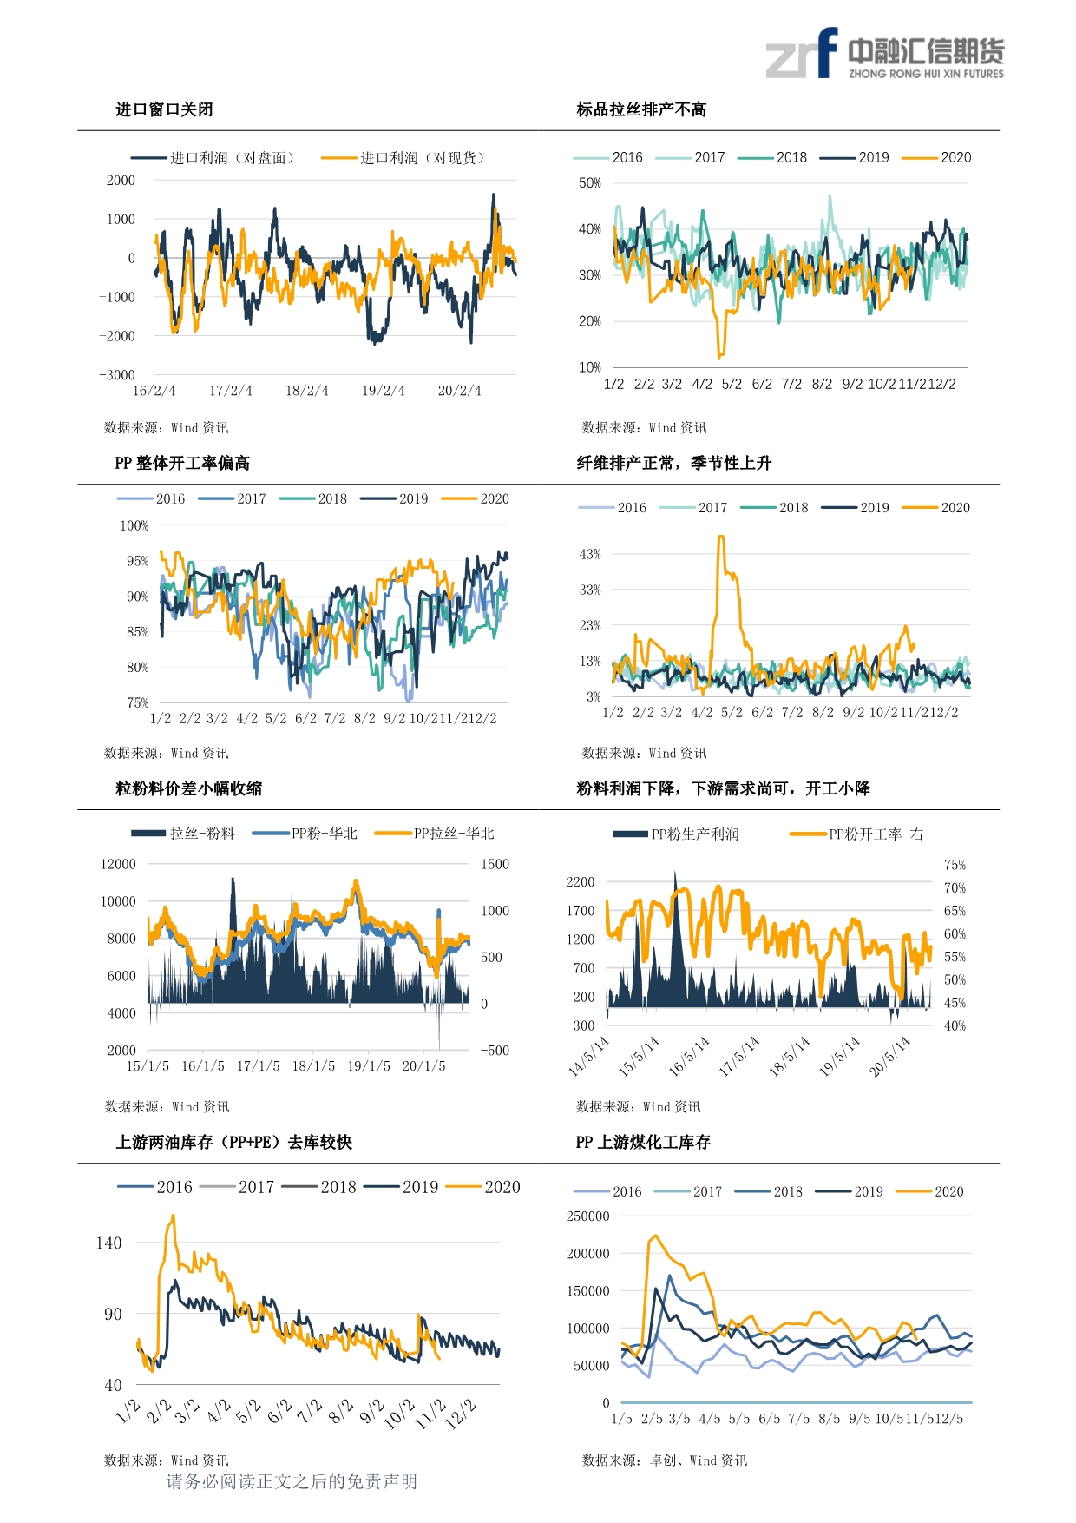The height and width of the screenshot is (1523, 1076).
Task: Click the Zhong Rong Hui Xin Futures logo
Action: tap(884, 55)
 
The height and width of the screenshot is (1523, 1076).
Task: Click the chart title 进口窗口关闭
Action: tap(164, 109)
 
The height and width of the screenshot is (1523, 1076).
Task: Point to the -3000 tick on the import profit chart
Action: tap(117, 375)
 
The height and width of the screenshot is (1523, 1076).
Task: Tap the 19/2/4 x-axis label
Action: tap(383, 391)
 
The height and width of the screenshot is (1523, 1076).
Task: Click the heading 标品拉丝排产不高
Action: tap(641, 109)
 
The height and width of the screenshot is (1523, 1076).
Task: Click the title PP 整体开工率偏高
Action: tap(182, 463)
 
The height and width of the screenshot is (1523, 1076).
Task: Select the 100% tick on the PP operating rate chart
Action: tap(134, 526)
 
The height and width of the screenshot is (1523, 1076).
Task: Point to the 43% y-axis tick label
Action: tap(590, 554)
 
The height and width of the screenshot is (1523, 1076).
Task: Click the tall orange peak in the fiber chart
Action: tap(721, 537)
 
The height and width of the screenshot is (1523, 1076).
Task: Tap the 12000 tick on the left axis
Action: tap(118, 864)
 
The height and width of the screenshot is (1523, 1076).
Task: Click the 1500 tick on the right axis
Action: tap(495, 864)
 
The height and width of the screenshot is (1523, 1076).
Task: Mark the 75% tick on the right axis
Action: tap(955, 865)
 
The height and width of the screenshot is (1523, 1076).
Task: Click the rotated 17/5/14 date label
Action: tap(739, 1056)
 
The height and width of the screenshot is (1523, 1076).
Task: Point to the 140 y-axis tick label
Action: tap(109, 1243)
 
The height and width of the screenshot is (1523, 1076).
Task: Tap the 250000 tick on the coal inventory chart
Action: tap(587, 1216)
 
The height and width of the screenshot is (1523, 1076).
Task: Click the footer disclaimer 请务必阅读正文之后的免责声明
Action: tap(292, 1481)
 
